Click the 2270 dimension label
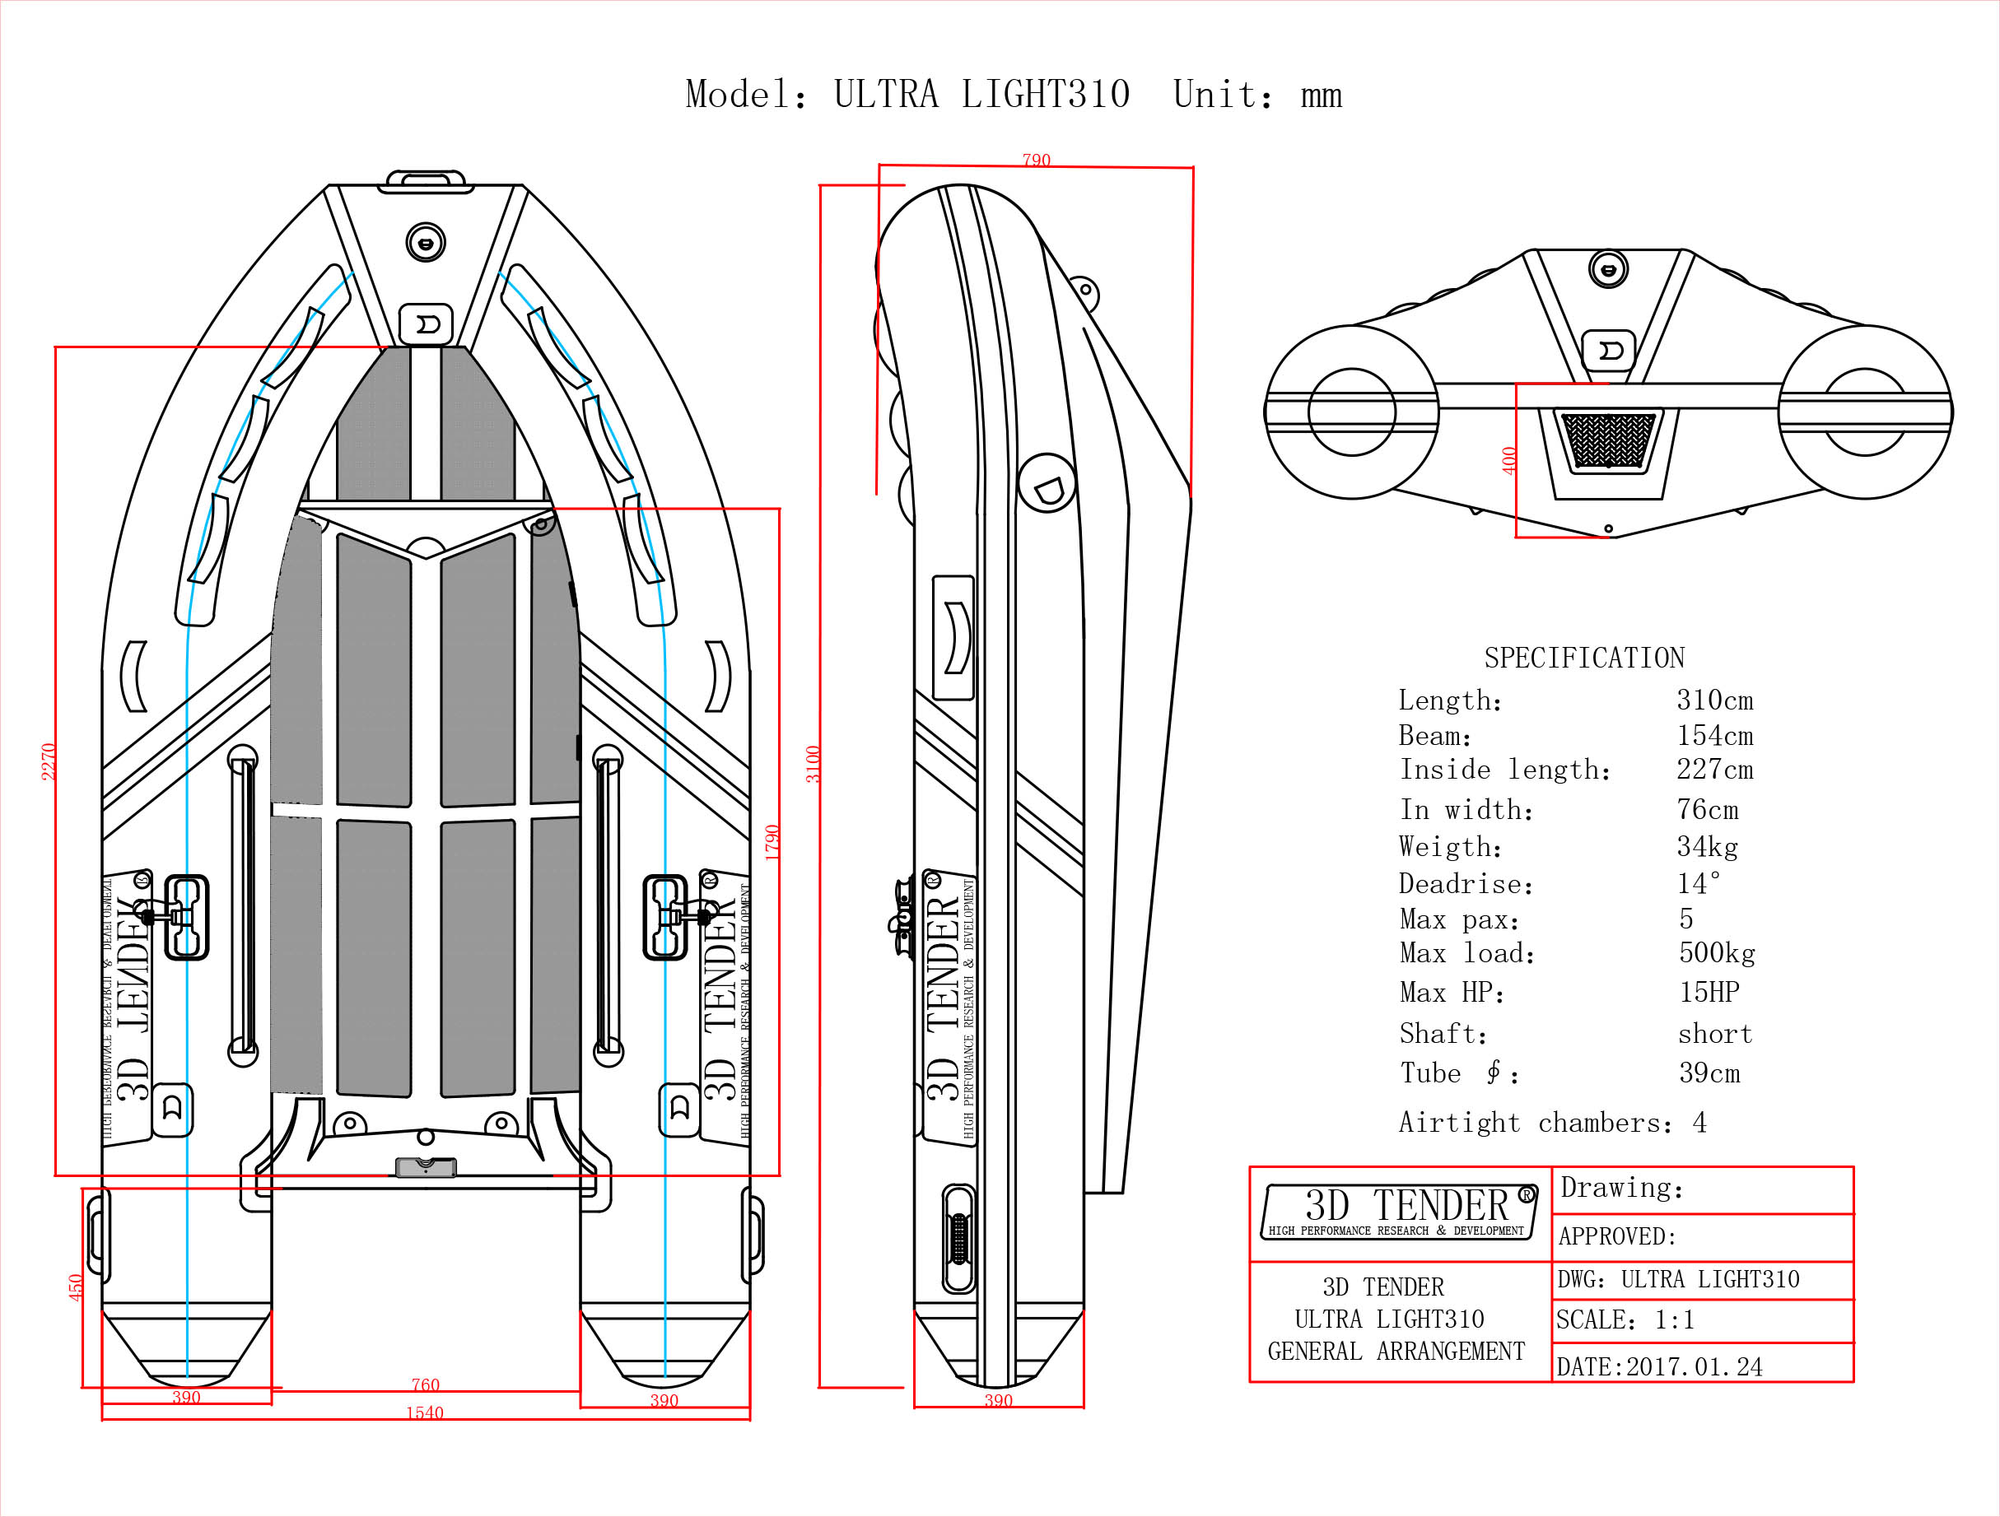(x=49, y=761)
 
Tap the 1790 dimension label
(x=772, y=843)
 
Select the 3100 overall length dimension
(x=814, y=764)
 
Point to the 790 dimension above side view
(x=1036, y=160)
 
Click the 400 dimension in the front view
(x=1509, y=460)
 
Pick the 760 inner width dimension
(x=425, y=1385)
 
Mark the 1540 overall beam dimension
(x=424, y=1413)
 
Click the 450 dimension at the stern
(x=76, y=1287)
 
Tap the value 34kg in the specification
(x=1707, y=847)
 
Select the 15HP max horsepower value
(x=1709, y=993)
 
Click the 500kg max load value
(x=1717, y=953)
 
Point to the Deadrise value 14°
(x=1698, y=883)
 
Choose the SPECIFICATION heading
(x=1584, y=658)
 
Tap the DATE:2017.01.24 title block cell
(x=1659, y=1367)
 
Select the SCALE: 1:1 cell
(x=1625, y=1320)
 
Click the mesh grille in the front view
(x=1607, y=440)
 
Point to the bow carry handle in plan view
(x=426, y=181)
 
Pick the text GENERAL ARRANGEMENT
(x=1396, y=1352)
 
